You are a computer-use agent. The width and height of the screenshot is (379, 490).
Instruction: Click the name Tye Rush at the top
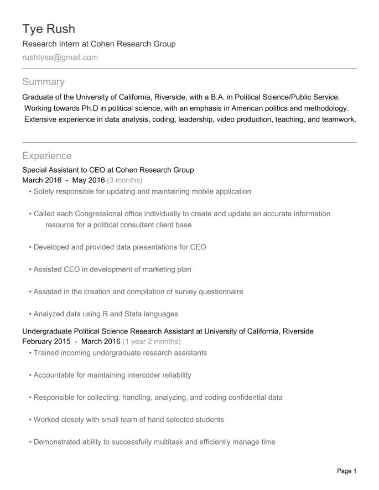coord(48,29)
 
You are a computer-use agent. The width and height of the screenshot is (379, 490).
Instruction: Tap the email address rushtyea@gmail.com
coord(60,57)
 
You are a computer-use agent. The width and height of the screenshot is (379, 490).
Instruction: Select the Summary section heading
coord(43,82)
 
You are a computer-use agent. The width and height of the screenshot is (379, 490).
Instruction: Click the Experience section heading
coord(46,156)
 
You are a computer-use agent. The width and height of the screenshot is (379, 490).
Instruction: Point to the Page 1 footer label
coord(347,471)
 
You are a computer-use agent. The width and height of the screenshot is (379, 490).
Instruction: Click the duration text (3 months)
coord(124,180)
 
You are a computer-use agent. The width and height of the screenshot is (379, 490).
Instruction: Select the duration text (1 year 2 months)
coord(152,341)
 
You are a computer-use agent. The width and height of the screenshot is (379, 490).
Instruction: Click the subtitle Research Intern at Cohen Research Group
coord(98,44)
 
